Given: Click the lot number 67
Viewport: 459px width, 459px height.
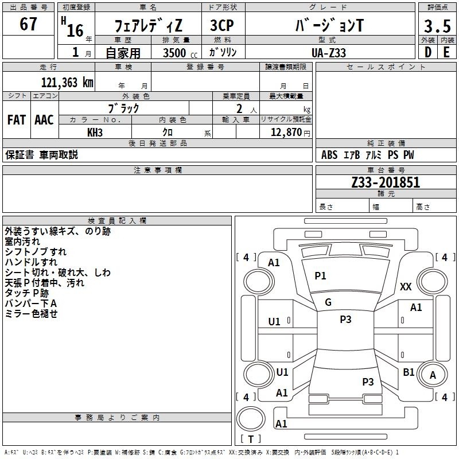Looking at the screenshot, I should [28, 25].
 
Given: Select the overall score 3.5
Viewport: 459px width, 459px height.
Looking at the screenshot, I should [436, 26].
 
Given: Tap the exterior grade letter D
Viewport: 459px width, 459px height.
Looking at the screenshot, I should [427, 52].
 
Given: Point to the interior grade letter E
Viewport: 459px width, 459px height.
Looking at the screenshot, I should [446, 52].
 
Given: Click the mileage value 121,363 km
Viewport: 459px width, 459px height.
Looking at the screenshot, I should [67, 83].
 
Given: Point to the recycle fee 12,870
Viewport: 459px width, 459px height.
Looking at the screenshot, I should [286, 133].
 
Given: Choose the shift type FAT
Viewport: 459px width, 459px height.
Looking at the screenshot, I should [16, 120].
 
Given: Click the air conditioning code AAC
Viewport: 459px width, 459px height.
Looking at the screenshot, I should [44, 120].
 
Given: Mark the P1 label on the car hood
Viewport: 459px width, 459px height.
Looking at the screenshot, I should [320, 276].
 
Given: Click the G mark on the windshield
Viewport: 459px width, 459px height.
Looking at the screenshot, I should [328, 302].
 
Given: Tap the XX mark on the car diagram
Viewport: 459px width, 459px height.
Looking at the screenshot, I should [406, 287].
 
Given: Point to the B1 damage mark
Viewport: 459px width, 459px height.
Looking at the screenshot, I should [409, 372].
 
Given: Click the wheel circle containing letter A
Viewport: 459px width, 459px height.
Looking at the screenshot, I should [433, 376].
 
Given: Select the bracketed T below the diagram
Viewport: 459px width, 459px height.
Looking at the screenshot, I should [250, 439].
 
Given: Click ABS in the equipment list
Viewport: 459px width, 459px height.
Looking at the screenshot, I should [329, 155].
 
